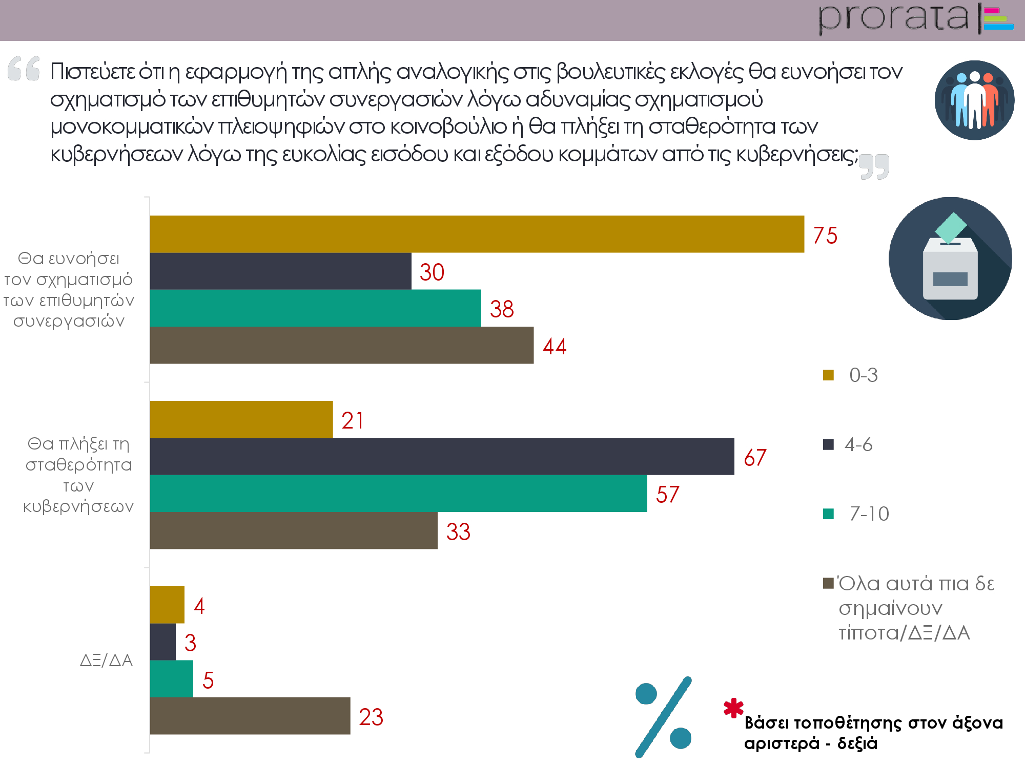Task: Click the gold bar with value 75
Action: (477, 234)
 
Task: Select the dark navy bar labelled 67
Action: (442, 456)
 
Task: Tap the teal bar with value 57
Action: (398, 493)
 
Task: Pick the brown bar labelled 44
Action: (341, 345)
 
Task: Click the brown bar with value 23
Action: (250, 716)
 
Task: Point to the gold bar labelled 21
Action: (241, 419)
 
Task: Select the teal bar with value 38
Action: (315, 308)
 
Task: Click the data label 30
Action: (432, 272)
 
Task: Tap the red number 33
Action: (458, 531)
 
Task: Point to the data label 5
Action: (208, 680)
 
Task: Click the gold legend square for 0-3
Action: (828, 375)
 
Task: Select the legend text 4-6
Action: (858, 444)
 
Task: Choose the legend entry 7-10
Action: (869, 514)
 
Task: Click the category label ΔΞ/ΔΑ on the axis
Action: (106, 660)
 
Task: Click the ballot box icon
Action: (950, 259)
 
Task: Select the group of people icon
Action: (974, 100)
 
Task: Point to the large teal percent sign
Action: (664, 716)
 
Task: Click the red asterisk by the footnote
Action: (733, 708)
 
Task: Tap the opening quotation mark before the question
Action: (24, 69)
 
